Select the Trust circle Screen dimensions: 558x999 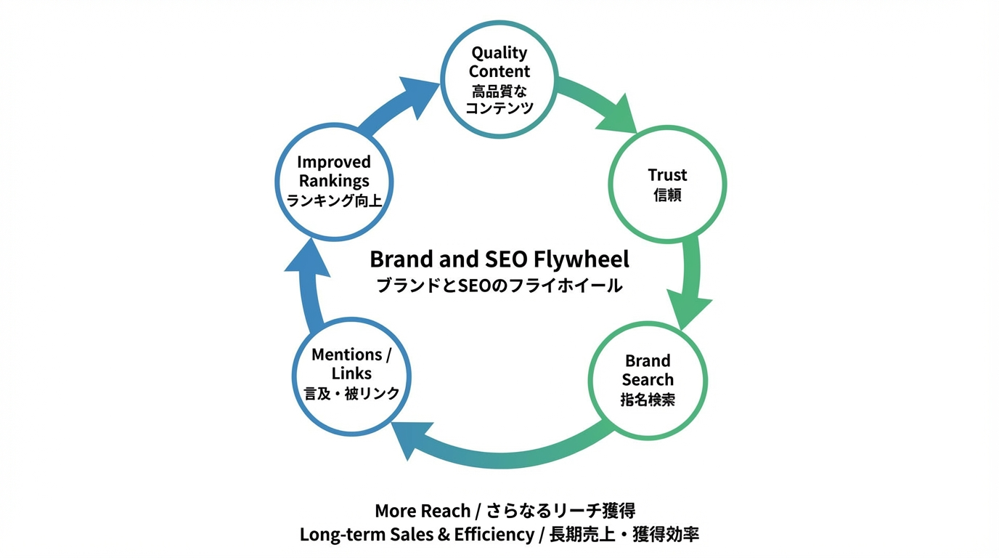click(x=667, y=185)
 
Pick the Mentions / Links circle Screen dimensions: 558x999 click(x=351, y=373)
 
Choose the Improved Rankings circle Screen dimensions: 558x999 click(x=334, y=181)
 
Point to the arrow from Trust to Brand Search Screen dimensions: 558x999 click(x=697, y=283)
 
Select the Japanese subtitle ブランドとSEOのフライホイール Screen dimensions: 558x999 click(x=499, y=286)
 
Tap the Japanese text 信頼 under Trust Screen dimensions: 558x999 click(x=667, y=195)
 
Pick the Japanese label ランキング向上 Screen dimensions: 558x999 click(x=334, y=201)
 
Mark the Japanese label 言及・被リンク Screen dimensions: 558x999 click(x=351, y=393)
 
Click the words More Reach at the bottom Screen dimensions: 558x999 click(x=422, y=510)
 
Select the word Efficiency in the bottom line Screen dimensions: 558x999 click(x=494, y=535)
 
